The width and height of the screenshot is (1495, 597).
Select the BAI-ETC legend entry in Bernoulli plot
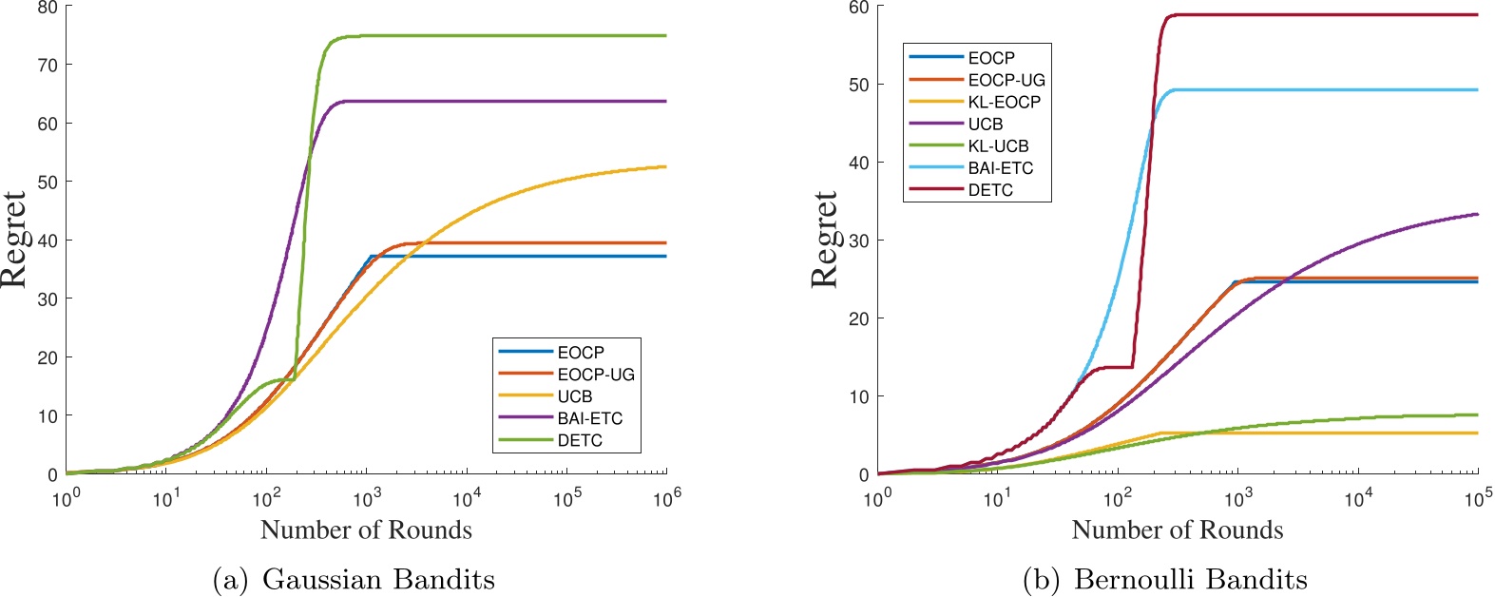tap(1000, 168)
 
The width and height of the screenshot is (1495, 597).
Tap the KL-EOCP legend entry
tap(1004, 102)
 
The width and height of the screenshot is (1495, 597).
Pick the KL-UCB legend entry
tap(998, 146)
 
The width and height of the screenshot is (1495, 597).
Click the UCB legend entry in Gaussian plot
tap(574, 396)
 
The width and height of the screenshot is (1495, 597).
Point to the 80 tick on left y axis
tap(47, 8)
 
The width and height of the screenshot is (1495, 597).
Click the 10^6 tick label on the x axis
tap(666, 498)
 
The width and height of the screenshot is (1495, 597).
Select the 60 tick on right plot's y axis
tap(858, 8)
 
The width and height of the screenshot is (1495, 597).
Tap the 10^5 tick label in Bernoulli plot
tap(1477, 498)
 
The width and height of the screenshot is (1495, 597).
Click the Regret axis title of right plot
tap(826, 240)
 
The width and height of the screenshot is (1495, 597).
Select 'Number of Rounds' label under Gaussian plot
tap(366, 530)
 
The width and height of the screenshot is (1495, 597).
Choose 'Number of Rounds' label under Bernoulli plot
tap(1177, 530)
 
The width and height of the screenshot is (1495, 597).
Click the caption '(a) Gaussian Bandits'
tap(354, 579)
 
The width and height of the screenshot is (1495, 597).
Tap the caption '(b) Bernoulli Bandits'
tap(1164, 579)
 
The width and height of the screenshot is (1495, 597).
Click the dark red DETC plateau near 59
tap(1331, 14)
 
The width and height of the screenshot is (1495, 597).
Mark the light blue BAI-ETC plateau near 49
tap(1331, 89)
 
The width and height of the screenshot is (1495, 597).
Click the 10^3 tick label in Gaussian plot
tap(366, 498)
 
